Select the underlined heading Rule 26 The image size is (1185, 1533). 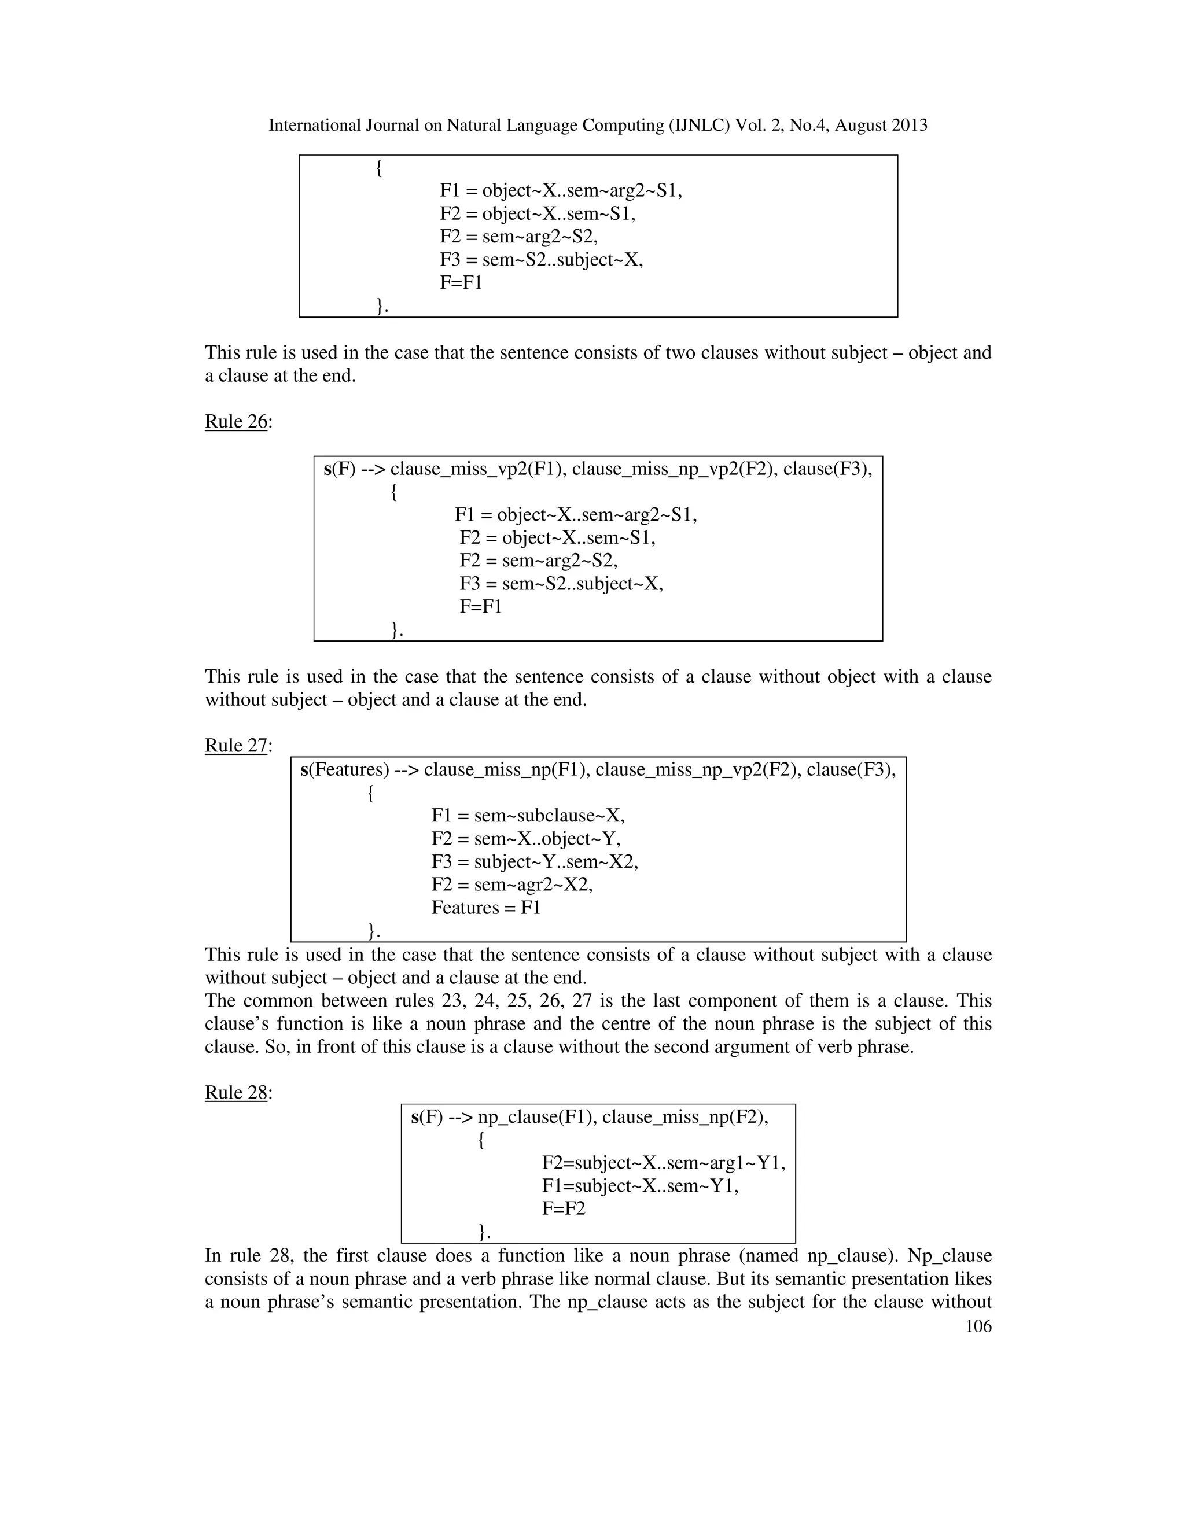point(237,421)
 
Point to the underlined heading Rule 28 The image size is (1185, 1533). point(237,1092)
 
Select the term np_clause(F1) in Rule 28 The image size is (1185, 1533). point(536,1116)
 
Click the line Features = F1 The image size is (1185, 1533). point(486,908)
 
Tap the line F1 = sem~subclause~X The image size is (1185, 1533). point(528,815)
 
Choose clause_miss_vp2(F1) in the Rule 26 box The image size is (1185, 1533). point(478,469)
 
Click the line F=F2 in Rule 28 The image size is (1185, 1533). point(563,1208)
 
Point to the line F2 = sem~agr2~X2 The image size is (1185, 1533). point(511,885)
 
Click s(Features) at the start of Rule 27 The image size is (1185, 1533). point(345,770)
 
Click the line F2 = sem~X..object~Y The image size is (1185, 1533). point(526,838)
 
